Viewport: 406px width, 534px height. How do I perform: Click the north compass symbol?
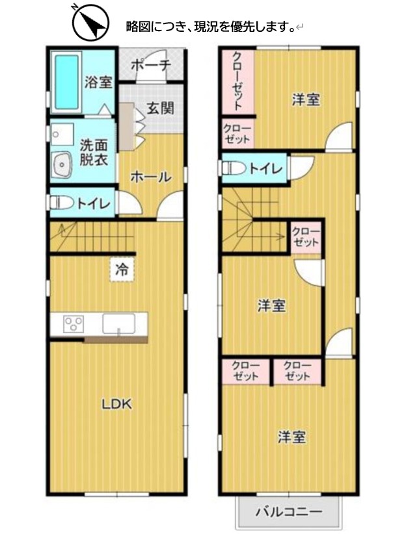pyautogui.click(x=88, y=23)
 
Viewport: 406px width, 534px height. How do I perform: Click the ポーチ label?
pyautogui.click(x=150, y=65)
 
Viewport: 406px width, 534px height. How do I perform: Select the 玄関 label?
pyautogui.click(x=159, y=108)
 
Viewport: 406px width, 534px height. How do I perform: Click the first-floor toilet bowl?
pyautogui.click(x=61, y=203)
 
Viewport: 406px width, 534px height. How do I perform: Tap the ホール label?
pyautogui.click(x=150, y=176)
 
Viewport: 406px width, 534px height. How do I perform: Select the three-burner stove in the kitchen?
pyautogui.click(x=73, y=323)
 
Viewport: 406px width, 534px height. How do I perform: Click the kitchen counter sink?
pyautogui.click(x=118, y=323)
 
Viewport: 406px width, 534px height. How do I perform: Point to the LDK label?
pyautogui.click(x=117, y=403)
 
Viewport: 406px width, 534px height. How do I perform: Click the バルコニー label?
pyautogui.click(x=288, y=511)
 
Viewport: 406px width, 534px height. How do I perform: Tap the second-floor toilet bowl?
pyautogui.click(x=234, y=168)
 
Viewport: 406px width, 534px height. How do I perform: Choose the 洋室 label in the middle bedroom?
pyautogui.click(x=271, y=305)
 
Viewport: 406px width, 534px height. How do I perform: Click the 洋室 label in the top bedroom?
pyautogui.click(x=305, y=100)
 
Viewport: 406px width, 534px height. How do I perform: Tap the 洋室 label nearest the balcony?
pyautogui.click(x=291, y=437)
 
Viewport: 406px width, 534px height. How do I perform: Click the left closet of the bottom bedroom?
pyautogui.click(x=245, y=371)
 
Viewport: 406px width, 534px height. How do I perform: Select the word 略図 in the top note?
pyautogui.click(x=139, y=27)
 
